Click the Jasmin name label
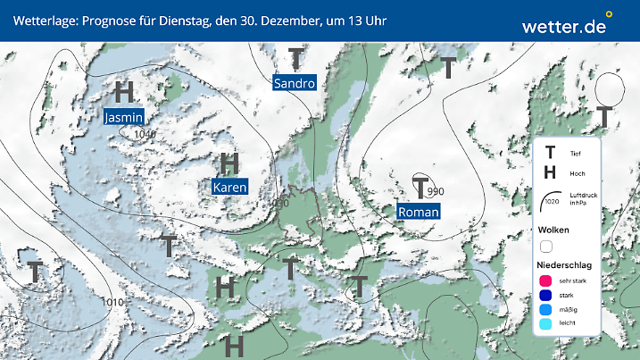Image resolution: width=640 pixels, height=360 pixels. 124,117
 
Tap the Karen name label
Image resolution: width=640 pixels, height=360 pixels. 229,188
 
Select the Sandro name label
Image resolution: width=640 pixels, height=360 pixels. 295,83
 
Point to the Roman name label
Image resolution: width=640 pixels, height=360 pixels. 418,213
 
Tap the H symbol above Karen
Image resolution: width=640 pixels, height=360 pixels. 230,163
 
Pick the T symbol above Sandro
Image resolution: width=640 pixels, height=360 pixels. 296,59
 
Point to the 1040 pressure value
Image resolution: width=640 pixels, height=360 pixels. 144,134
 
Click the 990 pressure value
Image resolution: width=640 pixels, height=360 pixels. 436,192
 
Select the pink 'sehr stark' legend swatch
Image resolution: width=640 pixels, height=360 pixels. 544,280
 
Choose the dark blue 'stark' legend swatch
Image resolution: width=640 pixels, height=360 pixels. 544,295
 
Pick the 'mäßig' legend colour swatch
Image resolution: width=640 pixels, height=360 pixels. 544,310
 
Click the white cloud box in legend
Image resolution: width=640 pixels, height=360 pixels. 546,246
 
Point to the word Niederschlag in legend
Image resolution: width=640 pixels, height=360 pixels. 563,264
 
